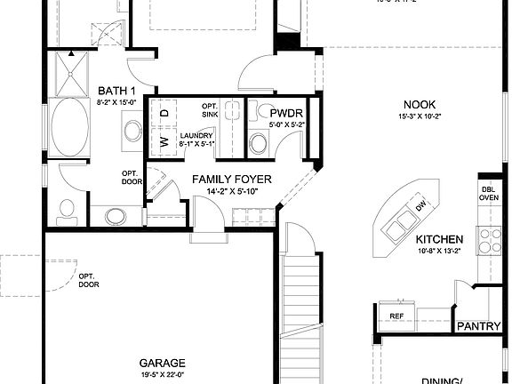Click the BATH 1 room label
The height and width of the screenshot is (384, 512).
pyautogui.click(x=116, y=92)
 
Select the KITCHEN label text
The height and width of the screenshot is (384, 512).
pyautogui.click(x=439, y=240)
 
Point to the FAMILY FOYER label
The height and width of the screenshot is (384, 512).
pyautogui.click(x=232, y=180)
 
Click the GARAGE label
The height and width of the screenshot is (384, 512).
pyautogui.click(x=162, y=363)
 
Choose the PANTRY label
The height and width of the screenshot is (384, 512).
pyautogui.click(x=479, y=326)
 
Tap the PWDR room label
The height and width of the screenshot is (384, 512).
pyautogui.click(x=288, y=113)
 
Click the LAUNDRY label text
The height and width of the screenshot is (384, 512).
pyautogui.click(x=196, y=134)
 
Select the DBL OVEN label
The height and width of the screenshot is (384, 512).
pyautogui.click(x=490, y=193)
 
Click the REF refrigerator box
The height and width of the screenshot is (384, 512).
pyautogui.click(x=396, y=316)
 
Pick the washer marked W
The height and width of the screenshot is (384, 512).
pyautogui.click(x=165, y=140)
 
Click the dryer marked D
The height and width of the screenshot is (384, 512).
pyautogui.click(x=165, y=113)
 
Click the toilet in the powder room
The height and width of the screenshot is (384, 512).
pyautogui.click(x=260, y=141)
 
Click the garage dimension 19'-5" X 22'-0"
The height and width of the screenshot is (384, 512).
pyautogui.click(x=162, y=375)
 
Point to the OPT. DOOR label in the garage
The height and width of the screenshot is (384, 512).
pyautogui.click(x=88, y=281)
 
